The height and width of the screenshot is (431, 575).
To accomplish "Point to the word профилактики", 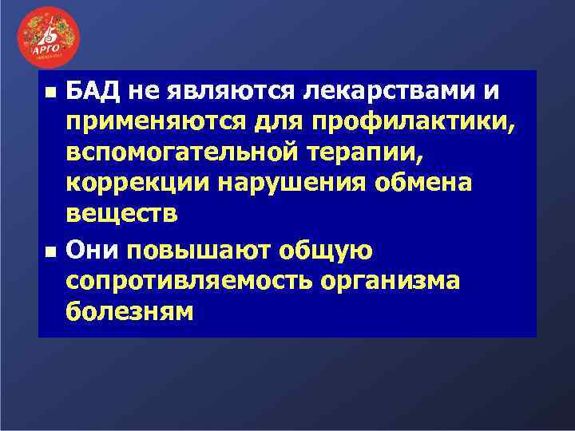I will click(x=399, y=123).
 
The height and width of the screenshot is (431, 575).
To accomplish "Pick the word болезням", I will click(x=129, y=311).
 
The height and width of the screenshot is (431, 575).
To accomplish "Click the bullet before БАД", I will click(x=50, y=93).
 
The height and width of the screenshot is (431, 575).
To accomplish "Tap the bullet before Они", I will click(x=50, y=251).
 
